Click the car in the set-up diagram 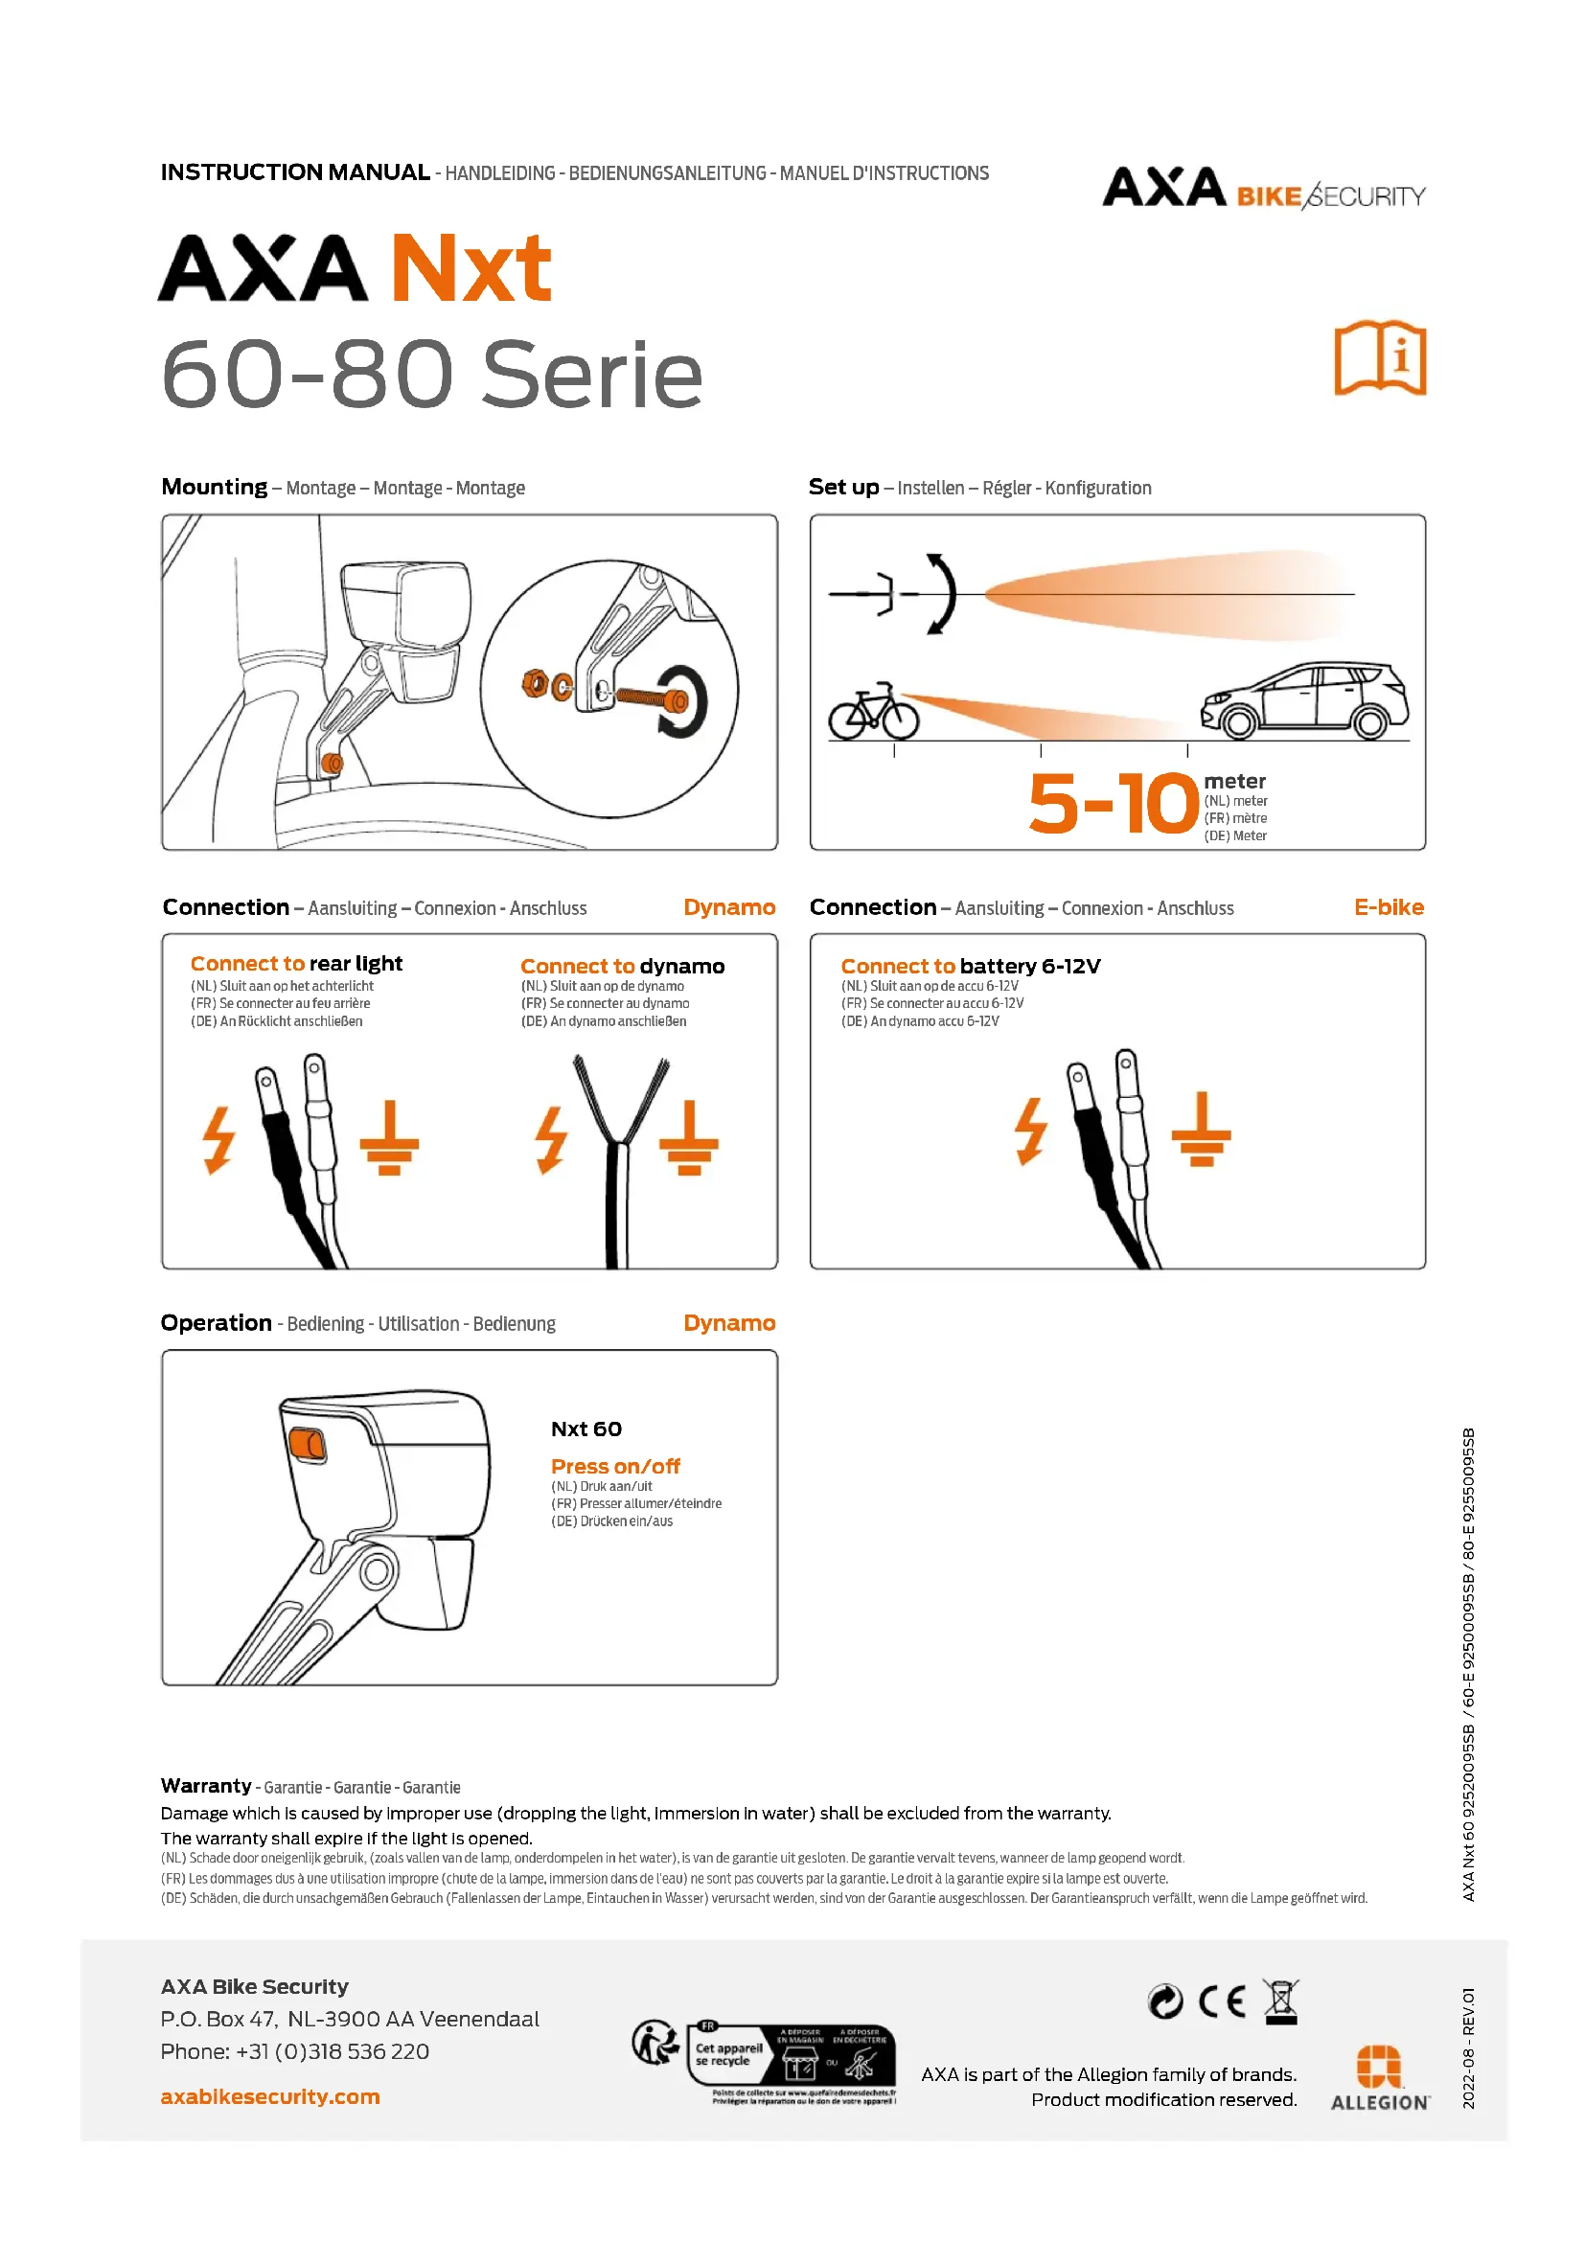[1305, 700]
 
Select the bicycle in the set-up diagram [874, 712]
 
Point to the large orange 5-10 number [1113, 804]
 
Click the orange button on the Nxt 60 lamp [308, 1445]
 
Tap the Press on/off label [615, 1466]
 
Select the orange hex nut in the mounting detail [534, 683]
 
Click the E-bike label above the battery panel [1388, 907]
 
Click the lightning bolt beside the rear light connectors [219, 1139]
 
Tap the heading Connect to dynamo [622, 967]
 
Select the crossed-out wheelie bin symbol [1280, 2001]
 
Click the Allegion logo [1380, 2079]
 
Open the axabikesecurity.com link [270, 2096]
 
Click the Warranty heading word [206, 1786]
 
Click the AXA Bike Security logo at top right [1263, 190]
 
